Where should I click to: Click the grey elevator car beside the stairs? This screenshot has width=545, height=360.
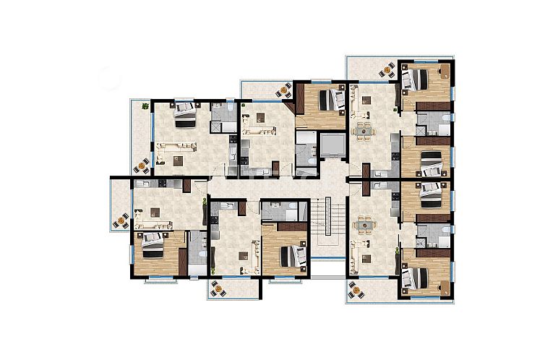coord(332,146)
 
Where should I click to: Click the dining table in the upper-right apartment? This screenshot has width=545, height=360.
coord(365,131)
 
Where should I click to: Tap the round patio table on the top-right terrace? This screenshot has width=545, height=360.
coord(387,69)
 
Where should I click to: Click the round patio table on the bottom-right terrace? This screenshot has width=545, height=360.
coord(355,290)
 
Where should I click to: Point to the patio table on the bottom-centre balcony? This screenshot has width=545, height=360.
coord(216,289)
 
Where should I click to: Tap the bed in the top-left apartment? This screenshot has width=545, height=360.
coord(185,114)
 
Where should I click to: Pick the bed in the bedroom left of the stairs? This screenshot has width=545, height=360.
coord(289,255)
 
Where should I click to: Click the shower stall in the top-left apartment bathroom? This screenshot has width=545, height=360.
coord(216,126)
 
